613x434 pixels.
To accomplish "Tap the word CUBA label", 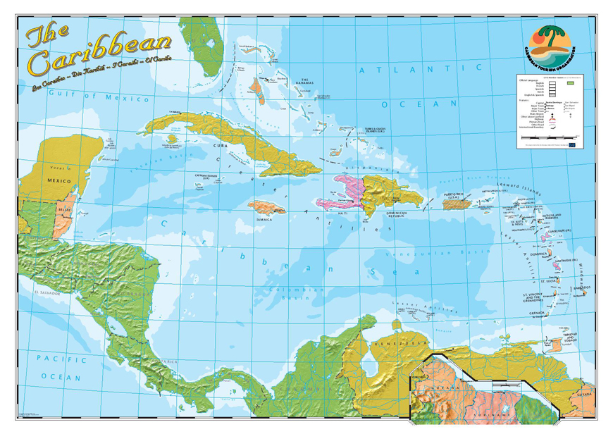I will (x=218, y=146).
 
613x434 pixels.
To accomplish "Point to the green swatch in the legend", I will (x=572, y=83).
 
